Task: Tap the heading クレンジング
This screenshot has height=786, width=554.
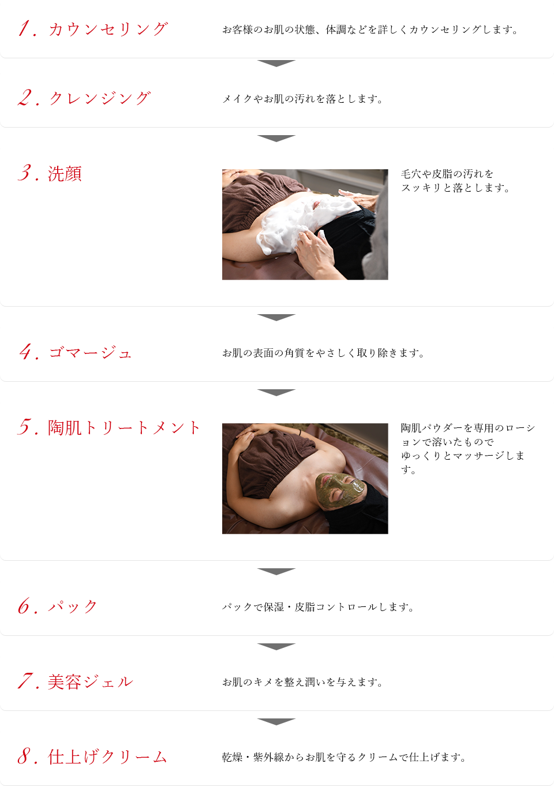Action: [x=100, y=98]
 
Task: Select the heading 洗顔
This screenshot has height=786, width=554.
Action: [x=65, y=174]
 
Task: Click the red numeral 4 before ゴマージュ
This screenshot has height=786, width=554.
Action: [x=27, y=352]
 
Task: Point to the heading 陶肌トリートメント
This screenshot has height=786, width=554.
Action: [x=123, y=428]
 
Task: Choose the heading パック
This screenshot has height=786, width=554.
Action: [x=73, y=606]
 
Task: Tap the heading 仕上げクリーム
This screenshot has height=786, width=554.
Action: [x=107, y=757]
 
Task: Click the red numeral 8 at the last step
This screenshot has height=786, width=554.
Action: [x=25, y=757]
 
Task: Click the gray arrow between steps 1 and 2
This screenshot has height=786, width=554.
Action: [x=276, y=63]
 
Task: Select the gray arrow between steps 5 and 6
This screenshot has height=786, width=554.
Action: [x=276, y=572]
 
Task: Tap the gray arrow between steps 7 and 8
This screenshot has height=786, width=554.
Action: [x=276, y=722]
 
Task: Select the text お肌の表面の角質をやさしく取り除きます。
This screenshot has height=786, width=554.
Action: [x=323, y=353]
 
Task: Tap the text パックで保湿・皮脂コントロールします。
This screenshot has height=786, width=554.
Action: [x=318, y=607]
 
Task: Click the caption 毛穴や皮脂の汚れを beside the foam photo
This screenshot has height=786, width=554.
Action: [x=447, y=174]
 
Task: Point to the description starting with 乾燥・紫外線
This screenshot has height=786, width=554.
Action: [x=344, y=757]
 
